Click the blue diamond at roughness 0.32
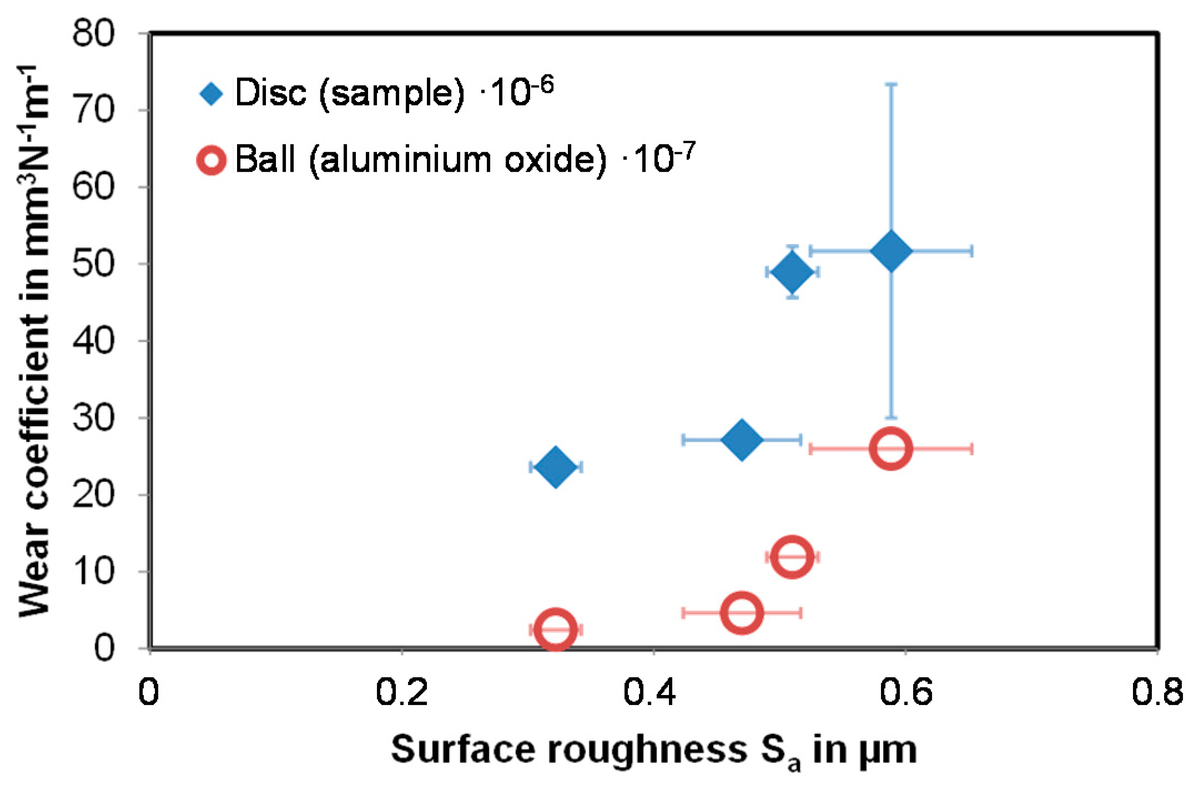click(556, 467)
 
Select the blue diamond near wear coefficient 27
click(742, 440)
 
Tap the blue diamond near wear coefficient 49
click(792, 272)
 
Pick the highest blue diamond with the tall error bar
click(891, 251)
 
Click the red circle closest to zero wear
click(556, 629)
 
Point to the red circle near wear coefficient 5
click(742, 612)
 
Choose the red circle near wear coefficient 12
click(792, 557)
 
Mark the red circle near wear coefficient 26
click(891, 449)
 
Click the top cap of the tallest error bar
click(891, 84)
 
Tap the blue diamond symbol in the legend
click(211, 94)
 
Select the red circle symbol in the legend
click(211, 160)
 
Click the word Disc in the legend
click(270, 93)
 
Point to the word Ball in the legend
click(265, 159)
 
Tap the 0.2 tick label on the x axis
click(401, 692)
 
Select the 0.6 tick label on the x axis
click(905, 692)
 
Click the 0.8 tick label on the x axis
click(1157, 692)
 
